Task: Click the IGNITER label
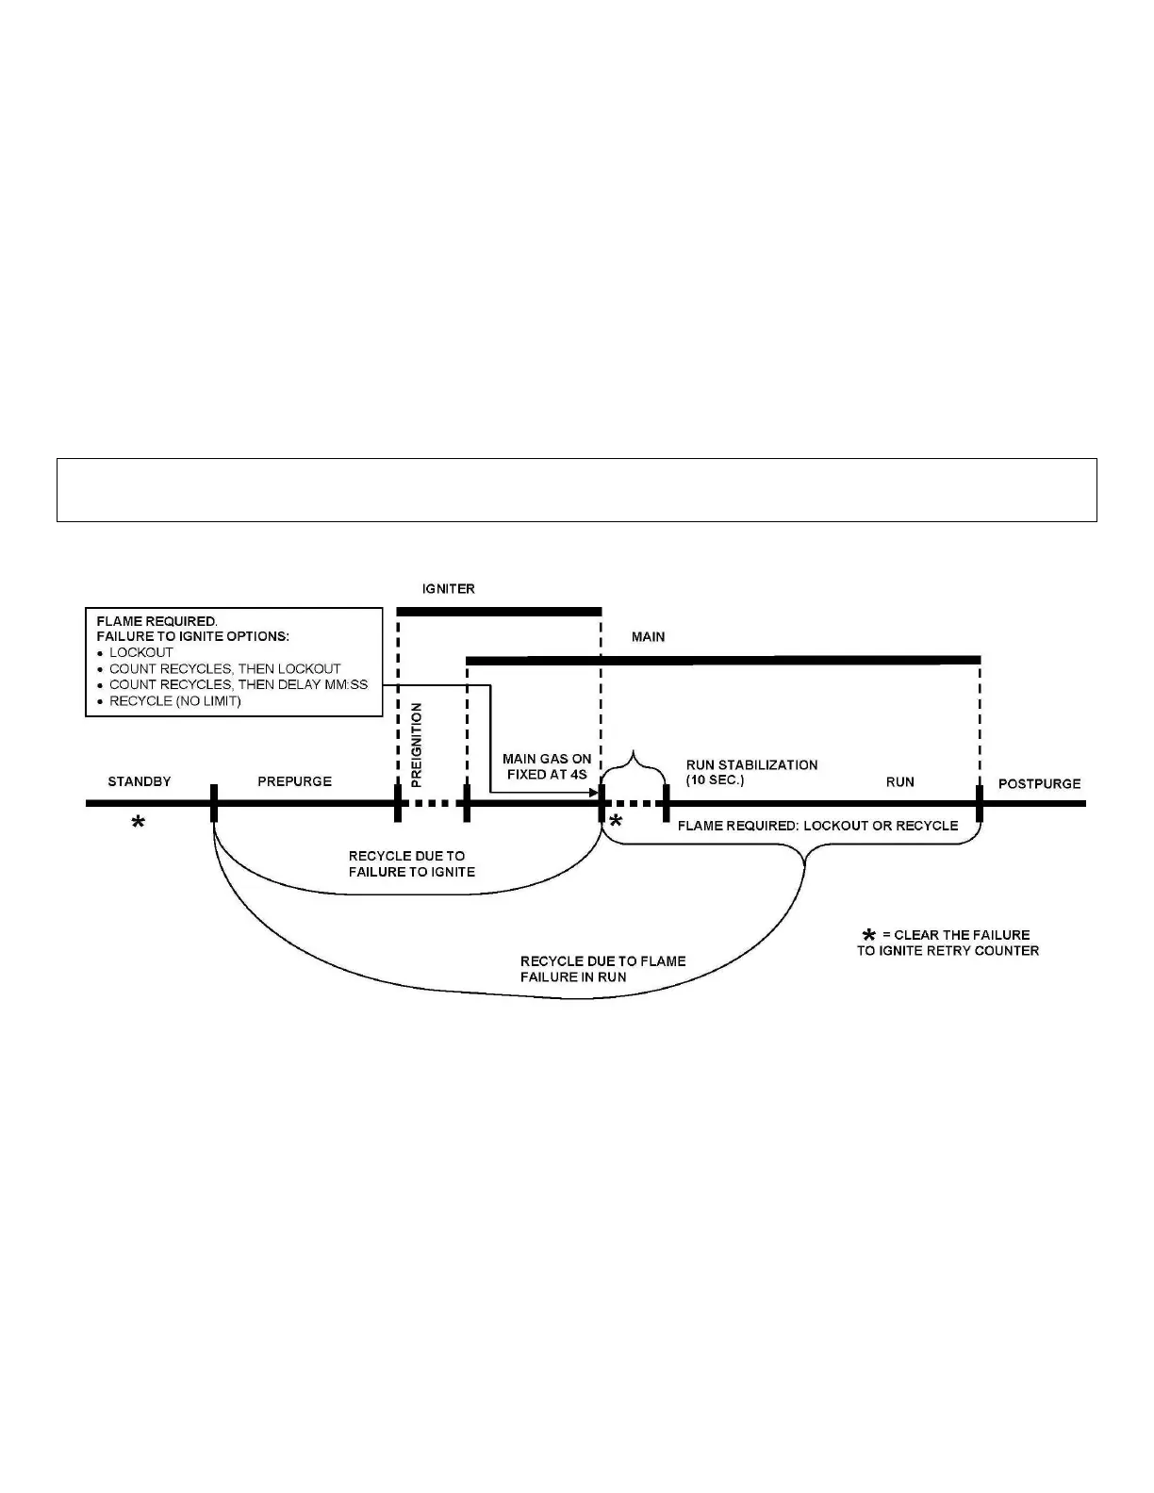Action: (x=448, y=589)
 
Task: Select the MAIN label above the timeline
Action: (x=648, y=637)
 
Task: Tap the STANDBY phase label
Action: (x=140, y=781)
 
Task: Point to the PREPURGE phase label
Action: (x=294, y=781)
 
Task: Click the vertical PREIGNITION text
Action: (x=418, y=745)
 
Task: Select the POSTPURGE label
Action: (x=1039, y=783)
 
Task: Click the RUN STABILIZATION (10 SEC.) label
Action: (x=751, y=773)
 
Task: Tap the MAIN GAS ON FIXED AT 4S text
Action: (x=547, y=766)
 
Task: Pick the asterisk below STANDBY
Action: (x=138, y=824)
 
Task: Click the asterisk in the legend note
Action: (x=868, y=935)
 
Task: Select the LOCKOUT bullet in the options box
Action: (x=140, y=652)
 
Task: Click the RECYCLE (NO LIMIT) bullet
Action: (x=174, y=700)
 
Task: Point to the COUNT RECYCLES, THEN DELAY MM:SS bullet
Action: (x=238, y=684)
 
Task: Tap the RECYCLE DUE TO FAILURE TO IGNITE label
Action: (x=411, y=863)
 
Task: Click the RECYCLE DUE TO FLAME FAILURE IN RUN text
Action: (x=602, y=969)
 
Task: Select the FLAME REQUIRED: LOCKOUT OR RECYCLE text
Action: (x=817, y=826)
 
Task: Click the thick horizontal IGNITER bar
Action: (x=499, y=612)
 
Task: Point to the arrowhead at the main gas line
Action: (x=595, y=794)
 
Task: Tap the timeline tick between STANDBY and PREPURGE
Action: (x=214, y=803)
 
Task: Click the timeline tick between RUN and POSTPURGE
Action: (x=980, y=803)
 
